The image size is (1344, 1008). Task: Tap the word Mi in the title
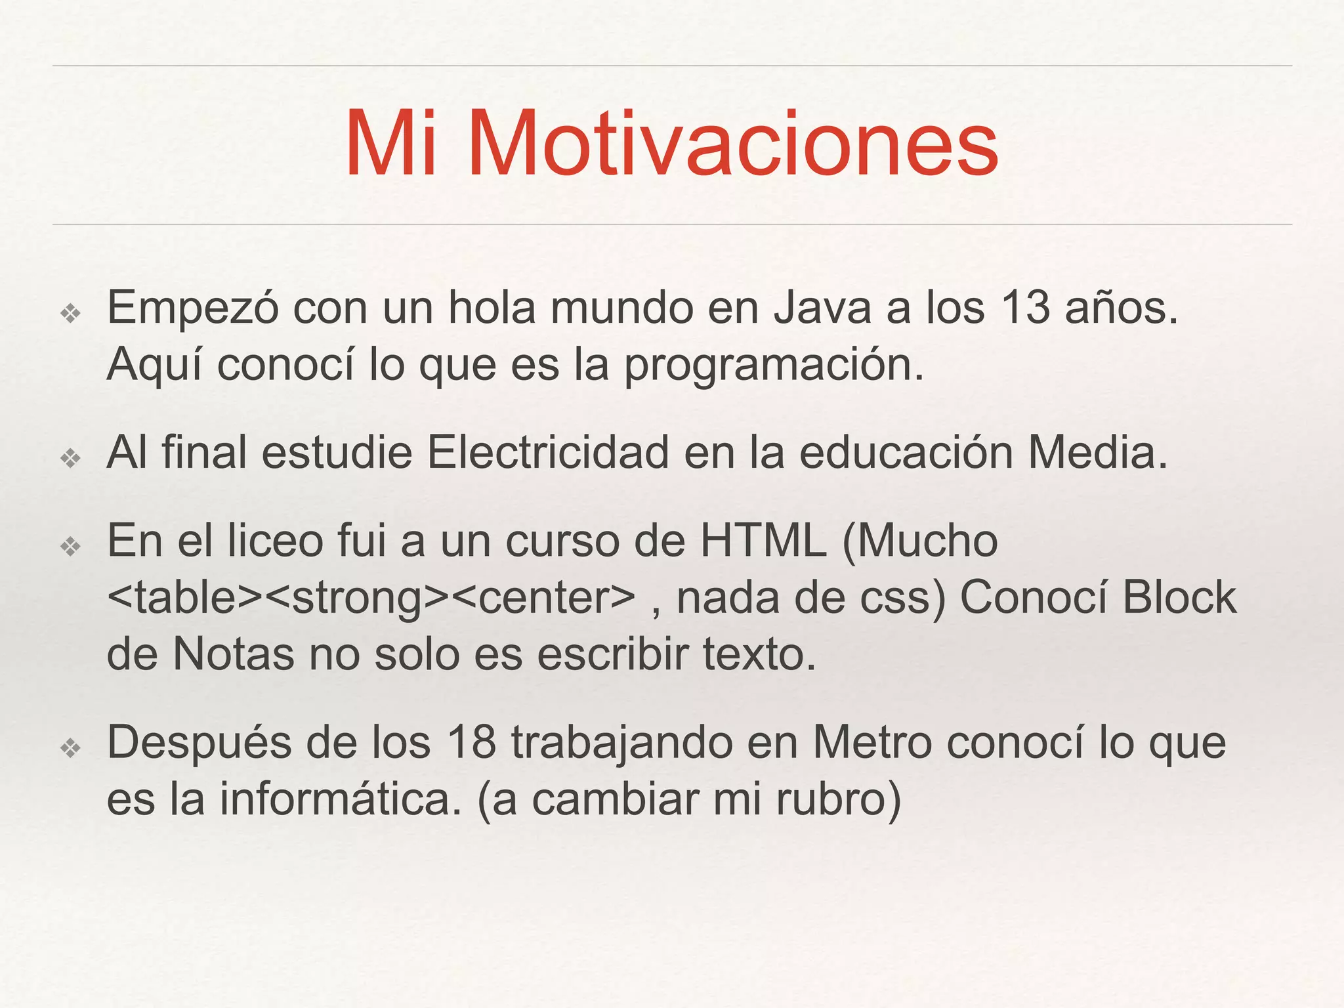click(x=391, y=144)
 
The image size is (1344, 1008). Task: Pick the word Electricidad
click(x=548, y=453)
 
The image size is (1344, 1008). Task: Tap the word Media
click(x=1098, y=453)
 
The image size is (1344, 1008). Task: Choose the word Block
click(x=1179, y=598)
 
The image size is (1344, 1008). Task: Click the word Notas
click(x=233, y=654)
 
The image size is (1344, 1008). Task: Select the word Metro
click(x=872, y=743)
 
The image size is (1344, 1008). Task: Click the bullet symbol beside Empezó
click(x=70, y=314)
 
